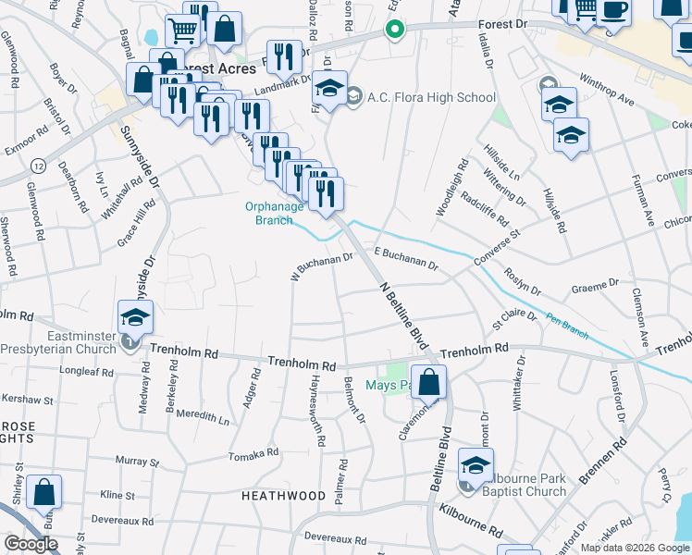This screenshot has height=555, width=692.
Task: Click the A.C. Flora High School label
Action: tap(431, 97)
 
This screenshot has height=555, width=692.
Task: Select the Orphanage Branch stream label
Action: tap(274, 213)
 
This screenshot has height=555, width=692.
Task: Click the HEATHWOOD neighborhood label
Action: tap(283, 496)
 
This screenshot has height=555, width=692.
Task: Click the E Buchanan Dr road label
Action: tap(404, 258)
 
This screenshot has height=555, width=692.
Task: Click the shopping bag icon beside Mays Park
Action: tap(429, 383)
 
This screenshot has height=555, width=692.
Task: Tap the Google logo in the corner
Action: tap(31, 543)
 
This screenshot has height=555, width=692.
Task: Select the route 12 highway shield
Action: tap(38, 165)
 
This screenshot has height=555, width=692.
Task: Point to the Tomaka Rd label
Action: tap(253, 454)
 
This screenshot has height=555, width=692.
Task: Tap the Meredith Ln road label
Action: tap(203, 415)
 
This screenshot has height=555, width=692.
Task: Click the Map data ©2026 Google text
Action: tap(634, 548)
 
